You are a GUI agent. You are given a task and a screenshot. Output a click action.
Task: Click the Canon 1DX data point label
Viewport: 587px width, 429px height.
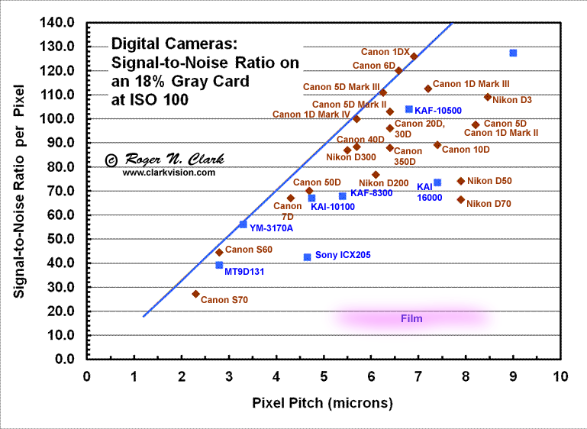385,52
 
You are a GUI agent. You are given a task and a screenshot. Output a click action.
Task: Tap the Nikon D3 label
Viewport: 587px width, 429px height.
512,99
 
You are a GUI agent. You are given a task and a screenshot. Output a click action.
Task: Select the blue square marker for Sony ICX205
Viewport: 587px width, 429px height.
307,257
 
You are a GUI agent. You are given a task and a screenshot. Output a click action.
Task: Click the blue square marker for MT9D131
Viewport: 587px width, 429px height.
219,265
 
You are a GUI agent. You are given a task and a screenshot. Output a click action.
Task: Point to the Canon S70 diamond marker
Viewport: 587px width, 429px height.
195,294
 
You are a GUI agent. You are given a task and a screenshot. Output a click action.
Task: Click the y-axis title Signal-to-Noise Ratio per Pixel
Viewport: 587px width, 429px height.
21,190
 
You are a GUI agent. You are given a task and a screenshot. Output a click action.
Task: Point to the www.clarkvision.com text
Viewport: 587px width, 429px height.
169,173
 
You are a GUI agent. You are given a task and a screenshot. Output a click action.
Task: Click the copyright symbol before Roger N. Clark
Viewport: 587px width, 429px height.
111,160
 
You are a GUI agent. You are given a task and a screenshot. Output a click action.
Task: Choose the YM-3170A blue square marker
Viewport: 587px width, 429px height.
243,224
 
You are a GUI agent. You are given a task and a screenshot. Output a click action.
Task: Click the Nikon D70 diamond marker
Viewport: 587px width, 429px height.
460,200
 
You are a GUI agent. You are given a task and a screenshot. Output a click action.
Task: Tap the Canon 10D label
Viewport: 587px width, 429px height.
466,150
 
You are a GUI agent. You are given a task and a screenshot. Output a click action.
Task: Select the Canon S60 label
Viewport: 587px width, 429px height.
249,250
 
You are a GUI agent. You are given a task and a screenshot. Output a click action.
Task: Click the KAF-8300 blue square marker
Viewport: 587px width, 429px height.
343,196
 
